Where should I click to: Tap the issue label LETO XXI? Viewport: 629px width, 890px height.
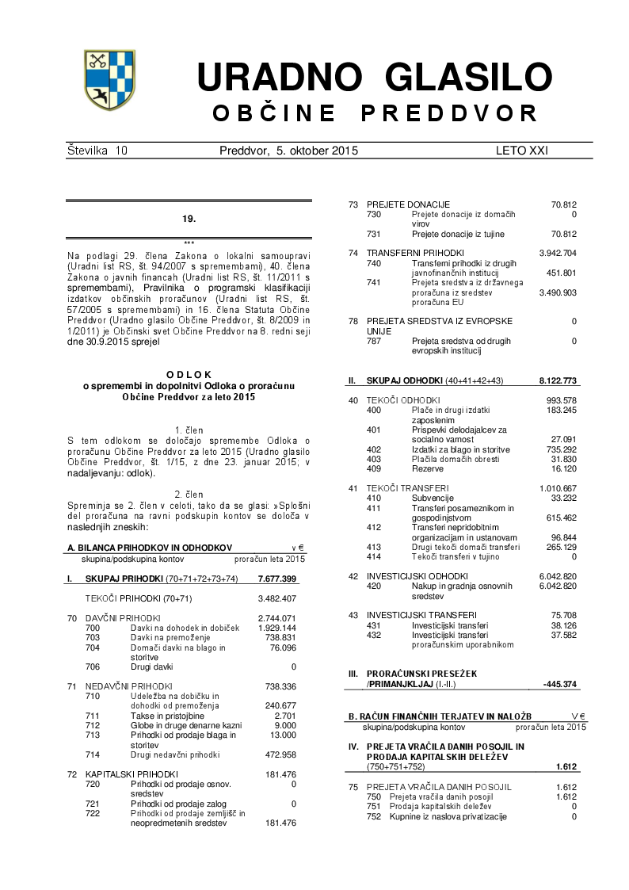tap(521, 150)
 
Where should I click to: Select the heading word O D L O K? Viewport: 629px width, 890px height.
tap(189, 374)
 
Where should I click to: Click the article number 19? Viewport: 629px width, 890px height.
tap(189, 218)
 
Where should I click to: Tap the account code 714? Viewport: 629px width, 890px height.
tap(93, 754)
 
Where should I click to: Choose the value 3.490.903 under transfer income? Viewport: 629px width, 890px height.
tap(558, 292)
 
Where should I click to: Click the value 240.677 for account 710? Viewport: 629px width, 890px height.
tap(280, 705)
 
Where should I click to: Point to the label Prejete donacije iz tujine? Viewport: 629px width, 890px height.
tap(458, 234)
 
